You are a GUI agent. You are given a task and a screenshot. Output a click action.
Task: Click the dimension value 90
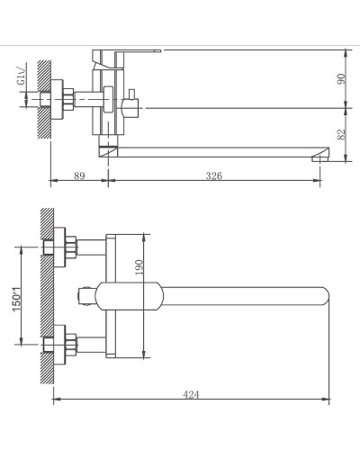coord(341,78)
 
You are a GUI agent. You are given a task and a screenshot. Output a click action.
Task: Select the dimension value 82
coord(341,134)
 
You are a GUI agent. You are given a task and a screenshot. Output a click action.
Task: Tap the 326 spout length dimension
coord(214,175)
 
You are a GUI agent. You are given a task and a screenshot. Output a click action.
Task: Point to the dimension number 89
coord(79,175)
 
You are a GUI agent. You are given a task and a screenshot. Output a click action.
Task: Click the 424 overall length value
coord(191,394)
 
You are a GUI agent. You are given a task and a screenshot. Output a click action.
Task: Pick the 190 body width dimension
coord(139,267)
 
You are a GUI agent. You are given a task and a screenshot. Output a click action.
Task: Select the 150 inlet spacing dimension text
coord(17,299)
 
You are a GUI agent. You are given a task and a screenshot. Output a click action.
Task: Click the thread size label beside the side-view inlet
coord(22,76)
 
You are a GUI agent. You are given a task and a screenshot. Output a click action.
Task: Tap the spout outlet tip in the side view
coord(319,158)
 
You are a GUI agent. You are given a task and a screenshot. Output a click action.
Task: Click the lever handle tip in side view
coord(158,50)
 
